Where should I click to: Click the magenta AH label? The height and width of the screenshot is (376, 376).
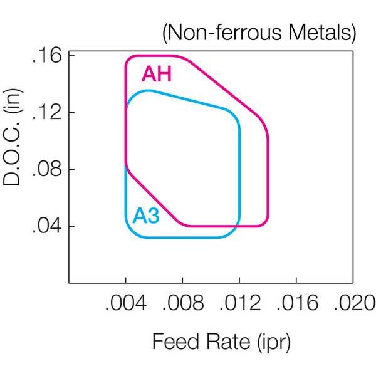157,74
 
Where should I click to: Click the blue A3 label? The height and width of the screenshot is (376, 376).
146,216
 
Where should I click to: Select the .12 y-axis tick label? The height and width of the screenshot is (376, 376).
46,113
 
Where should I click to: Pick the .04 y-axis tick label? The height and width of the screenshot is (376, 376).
46,226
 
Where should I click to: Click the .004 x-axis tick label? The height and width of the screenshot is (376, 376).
126,303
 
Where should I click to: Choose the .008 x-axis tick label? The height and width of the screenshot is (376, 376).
183,303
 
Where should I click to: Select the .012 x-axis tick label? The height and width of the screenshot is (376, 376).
240,303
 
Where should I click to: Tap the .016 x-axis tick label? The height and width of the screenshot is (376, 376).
297,303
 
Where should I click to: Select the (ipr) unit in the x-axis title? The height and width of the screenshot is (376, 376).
274,343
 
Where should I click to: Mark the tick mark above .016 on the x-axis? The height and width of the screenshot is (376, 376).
296,280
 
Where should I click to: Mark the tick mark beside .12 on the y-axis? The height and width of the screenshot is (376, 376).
72,112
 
